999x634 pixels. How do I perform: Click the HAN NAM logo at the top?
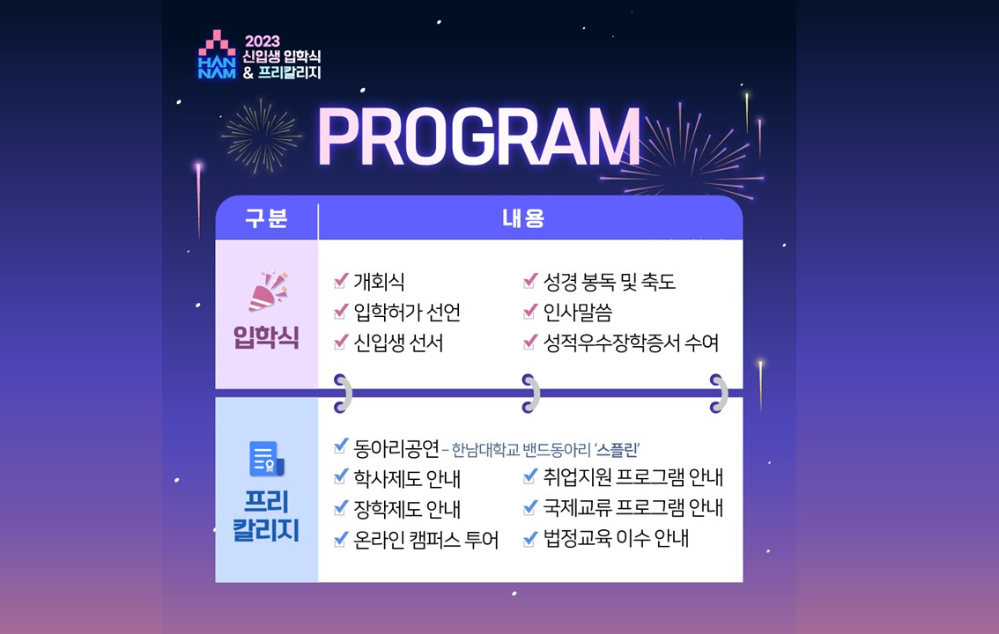coord(217,54)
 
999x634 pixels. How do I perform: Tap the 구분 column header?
coord(266,218)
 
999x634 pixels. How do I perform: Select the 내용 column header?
coord(523,218)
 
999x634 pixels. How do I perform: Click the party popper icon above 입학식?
coord(268,291)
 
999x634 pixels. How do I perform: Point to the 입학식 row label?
coord(266,336)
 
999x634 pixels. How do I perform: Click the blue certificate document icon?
coord(266,459)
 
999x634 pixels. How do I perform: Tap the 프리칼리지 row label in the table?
coord(266,516)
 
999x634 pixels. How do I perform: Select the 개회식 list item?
coord(379,282)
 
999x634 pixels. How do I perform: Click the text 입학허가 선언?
coord(407,312)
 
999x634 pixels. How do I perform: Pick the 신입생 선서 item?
coord(398,343)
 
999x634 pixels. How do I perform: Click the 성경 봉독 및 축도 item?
coord(609,282)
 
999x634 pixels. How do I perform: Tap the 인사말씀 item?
coord(577,312)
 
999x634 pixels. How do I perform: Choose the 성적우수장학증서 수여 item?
coord(631,343)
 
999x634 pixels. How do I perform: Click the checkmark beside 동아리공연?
coord(341,446)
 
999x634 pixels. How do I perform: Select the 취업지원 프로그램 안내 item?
coord(633,476)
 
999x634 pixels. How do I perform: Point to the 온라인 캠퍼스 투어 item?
coord(426,539)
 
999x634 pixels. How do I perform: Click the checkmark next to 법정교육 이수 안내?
coord(530,539)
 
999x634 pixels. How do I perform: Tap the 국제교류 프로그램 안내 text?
coord(633,507)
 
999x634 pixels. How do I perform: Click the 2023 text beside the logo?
coord(263,41)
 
